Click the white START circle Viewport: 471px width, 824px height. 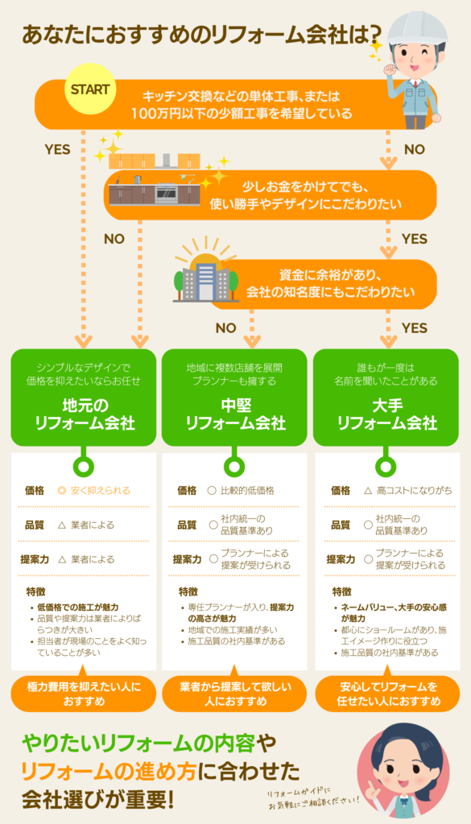click(x=89, y=89)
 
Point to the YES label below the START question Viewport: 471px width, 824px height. click(x=57, y=150)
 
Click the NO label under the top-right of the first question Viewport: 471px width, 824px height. click(x=414, y=150)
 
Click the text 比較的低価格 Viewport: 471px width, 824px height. click(x=247, y=490)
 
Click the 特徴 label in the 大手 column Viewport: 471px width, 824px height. click(x=341, y=591)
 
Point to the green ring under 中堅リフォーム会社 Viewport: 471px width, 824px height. click(x=234, y=466)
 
